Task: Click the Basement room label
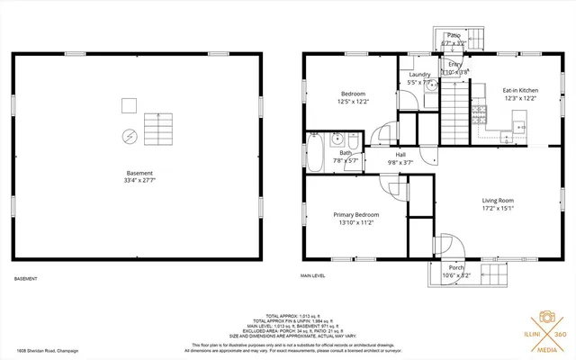(x=139, y=172)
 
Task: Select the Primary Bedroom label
(x=356, y=214)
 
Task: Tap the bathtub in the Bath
(x=318, y=148)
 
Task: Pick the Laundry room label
(x=419, y=75)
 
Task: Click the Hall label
(x=400, y=154)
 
